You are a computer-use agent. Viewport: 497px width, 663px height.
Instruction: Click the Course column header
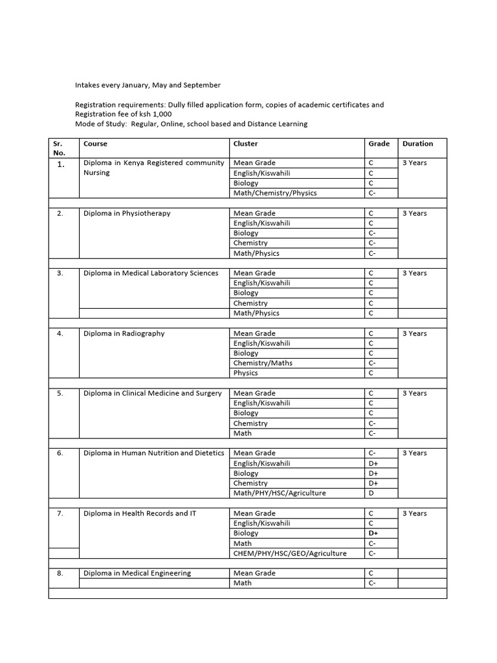(95, 144)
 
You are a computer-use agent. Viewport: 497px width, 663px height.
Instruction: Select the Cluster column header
(245, 144)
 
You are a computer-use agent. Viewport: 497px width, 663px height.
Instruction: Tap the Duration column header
(417, 144)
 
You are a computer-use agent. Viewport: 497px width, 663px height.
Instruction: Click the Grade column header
(379, 144)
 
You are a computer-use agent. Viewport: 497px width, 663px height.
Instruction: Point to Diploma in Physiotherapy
(127, 213)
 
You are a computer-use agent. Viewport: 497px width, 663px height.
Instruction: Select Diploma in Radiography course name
(124, 333)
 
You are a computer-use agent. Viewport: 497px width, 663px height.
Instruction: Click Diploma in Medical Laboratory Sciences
(151, 273)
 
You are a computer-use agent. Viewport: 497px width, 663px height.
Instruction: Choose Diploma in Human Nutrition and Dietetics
(154, 453)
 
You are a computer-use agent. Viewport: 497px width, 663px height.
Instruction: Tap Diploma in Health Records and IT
(140, 513)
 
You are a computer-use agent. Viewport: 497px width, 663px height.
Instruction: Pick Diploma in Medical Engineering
(137, 573)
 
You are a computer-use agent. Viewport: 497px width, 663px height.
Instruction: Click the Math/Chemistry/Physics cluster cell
(275, 193)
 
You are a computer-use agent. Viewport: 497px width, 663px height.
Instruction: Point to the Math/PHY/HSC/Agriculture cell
(280, 493)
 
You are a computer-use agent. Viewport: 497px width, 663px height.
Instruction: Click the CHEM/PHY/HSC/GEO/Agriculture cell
(290, 554)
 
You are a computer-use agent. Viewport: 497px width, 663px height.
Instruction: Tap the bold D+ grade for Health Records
(373, 534)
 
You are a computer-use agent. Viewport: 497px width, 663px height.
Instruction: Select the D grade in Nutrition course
(371, 493)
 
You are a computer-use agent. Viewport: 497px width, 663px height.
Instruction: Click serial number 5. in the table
(60, 393)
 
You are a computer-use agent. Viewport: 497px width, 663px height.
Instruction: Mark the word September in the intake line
(201, 85)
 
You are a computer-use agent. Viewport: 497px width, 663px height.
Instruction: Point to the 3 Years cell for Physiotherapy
(415, 213)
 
